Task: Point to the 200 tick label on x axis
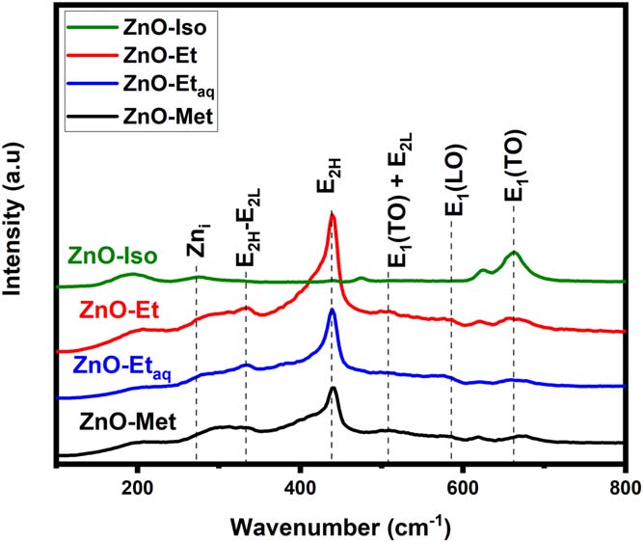point(137,487)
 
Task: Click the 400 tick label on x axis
point(301,487)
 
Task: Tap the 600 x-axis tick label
point(463,487)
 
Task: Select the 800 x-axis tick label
point(625,487)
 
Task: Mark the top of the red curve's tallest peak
point(333,214)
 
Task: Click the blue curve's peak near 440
point(333,310)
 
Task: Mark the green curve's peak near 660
point(514,252)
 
